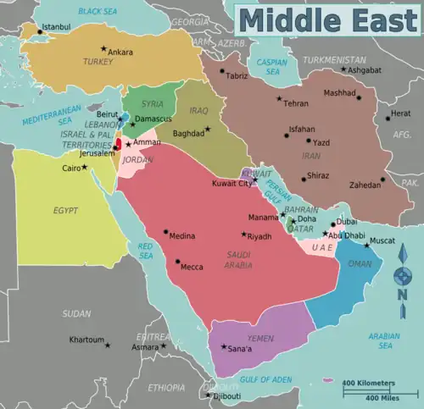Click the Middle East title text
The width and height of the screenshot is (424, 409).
pos(328,19)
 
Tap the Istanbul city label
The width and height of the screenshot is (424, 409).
pos(57,27)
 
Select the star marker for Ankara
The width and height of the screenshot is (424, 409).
pos(104,48)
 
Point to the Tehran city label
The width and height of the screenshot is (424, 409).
pos(296,103)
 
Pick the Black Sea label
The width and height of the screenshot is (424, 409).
pos(97,11)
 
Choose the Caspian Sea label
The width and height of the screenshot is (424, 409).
pos(272,65)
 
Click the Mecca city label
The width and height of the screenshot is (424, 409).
pos(191,268)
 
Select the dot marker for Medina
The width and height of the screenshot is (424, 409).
pos(167,233)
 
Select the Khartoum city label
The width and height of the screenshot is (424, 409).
pos(86,340)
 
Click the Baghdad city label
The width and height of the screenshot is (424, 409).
pos(188,133)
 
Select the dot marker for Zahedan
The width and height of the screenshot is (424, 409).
pos(383,179)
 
